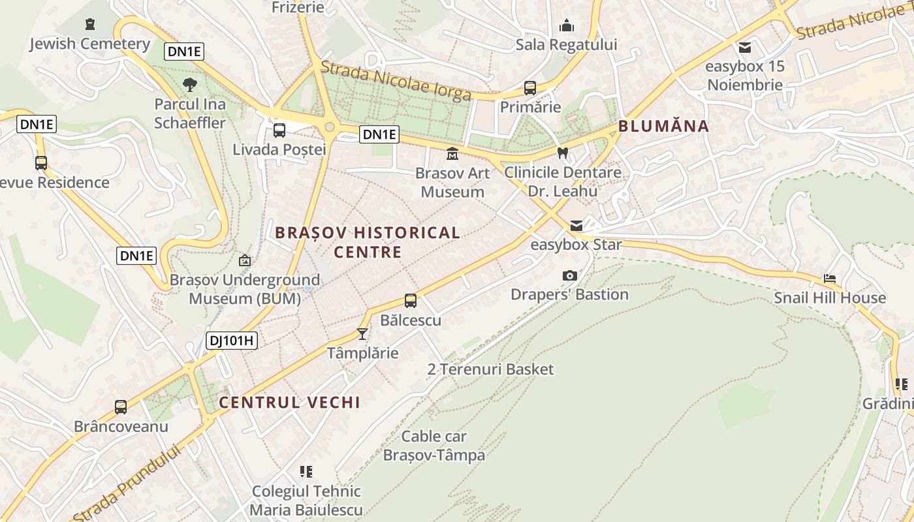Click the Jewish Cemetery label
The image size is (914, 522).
pos(90,44)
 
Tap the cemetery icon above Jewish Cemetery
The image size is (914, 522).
pos(90,25)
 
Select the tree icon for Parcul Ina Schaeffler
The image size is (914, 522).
pos(190,84)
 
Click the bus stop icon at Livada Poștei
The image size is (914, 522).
pos(279,130)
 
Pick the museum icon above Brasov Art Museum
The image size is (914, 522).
pos(452,154)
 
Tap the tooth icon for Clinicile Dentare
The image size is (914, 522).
pos(562,153)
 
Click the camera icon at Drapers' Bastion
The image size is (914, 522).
pos(569,275)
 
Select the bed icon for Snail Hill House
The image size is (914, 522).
pos(830,279)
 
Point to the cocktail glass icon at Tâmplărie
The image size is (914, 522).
pos(362,334)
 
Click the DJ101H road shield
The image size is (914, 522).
pos(232,340)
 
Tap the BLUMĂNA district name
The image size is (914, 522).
pos(663,127)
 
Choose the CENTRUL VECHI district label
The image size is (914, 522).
pos(289,403)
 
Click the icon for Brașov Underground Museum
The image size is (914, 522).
pos(245,261)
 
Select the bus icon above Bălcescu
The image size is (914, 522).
pos(410,301)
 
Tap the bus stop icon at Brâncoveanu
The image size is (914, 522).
pos(121,407)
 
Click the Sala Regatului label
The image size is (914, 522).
pos(566,44)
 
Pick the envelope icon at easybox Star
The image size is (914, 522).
pos(576,226)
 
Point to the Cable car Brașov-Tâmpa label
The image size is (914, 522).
pos(434,446)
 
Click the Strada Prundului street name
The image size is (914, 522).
pos(127,483)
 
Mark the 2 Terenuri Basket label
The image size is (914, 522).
pos(490,369)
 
